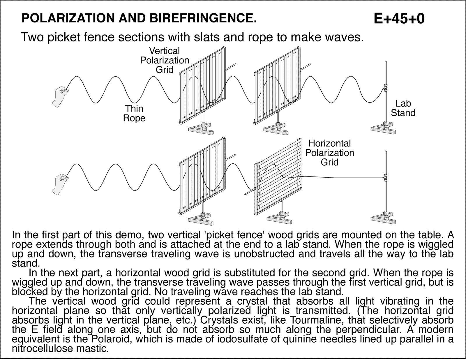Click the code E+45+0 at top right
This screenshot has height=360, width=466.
pos(399,19)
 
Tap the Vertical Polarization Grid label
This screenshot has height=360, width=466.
pos(165,60)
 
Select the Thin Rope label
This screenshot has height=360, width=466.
pos(134,113)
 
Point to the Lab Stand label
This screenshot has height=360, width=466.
pos(403,108)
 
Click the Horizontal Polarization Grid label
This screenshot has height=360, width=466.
pos(329,153)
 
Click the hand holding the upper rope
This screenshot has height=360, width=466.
pos(59,96)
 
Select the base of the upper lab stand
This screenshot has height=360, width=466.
pos(384,129)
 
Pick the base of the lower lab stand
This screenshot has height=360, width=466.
pos(384,218)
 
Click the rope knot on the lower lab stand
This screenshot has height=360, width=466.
pos(386,178)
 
